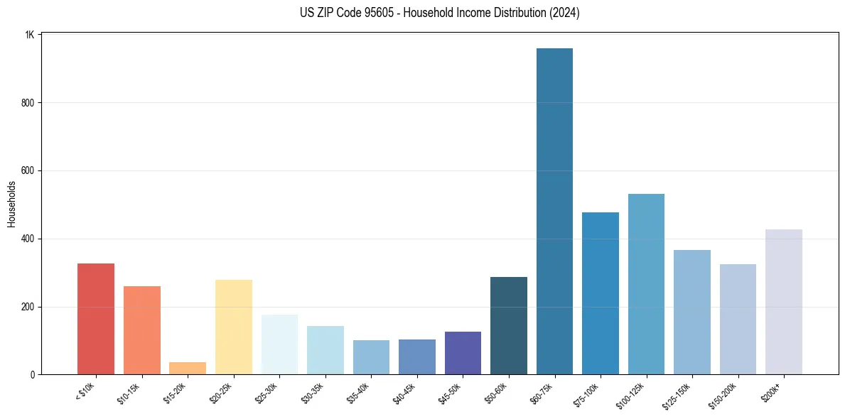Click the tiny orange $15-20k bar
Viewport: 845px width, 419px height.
pos(188,369)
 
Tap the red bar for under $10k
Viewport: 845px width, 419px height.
pos(96,319)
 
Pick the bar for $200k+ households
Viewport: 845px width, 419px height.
pos(784,302)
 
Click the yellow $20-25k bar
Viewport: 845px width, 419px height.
pos(234,327)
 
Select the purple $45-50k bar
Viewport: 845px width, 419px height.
pos(463,353)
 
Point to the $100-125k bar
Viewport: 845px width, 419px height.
pos(646,284)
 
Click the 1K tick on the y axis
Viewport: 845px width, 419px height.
pos(29,35)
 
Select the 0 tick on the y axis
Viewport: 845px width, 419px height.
pos(33,375)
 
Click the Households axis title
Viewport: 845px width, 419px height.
pos(12,204)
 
